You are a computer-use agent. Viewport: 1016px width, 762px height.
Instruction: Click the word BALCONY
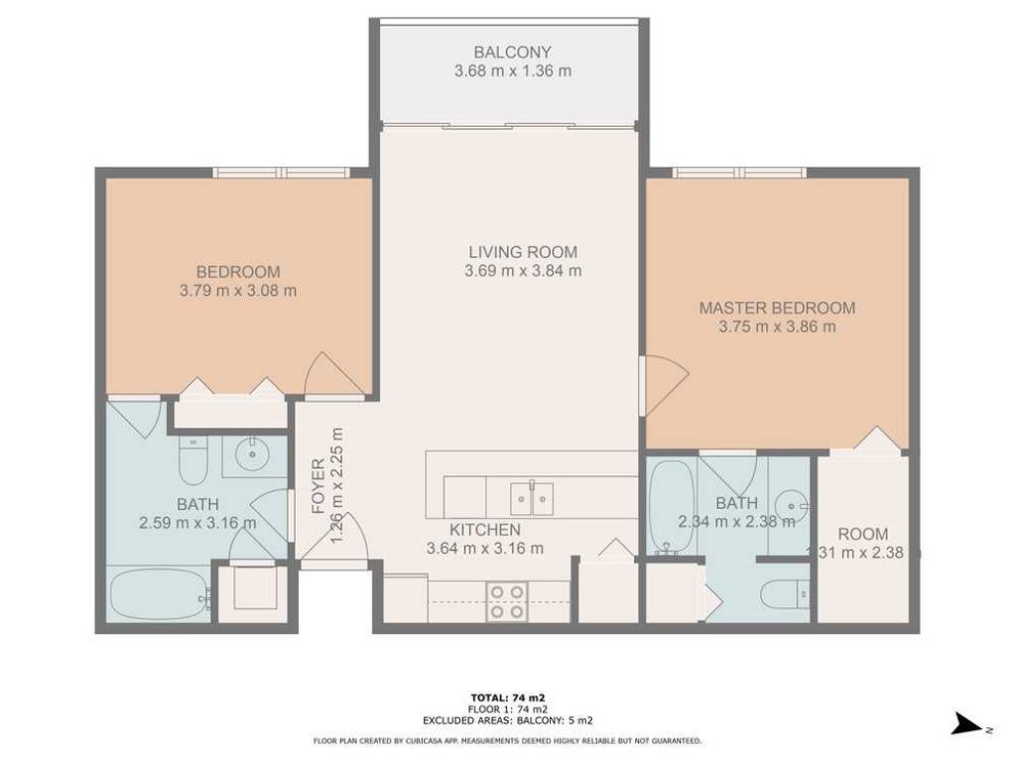[512, 52]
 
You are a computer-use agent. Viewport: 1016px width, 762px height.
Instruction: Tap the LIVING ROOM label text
[523, 252]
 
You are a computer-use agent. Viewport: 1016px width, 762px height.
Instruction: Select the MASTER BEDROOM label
[777, 308]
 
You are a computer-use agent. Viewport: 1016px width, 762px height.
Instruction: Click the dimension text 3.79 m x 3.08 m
[237, 291]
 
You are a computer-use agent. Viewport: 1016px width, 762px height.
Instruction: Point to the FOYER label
[317, 485]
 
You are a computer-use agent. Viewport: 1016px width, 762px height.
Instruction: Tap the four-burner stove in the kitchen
[506, 600]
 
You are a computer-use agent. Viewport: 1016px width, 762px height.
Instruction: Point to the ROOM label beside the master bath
[862, 534]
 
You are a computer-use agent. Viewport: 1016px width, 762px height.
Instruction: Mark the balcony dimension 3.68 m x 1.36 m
[512, 71]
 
